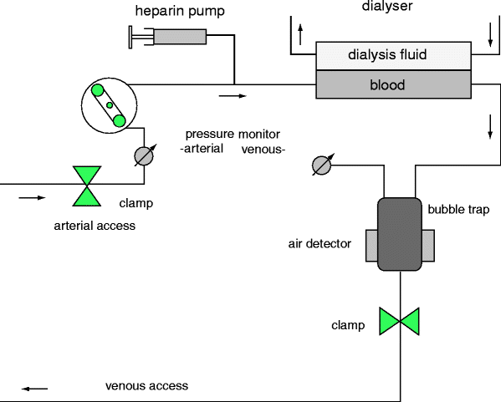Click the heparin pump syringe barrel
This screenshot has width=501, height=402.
point(180,37)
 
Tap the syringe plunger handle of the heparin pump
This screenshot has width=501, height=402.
point(130,37)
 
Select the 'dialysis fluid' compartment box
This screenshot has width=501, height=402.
point(393,56)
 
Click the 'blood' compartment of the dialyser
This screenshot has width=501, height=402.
point(393,84)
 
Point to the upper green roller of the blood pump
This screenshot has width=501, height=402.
point(98,90)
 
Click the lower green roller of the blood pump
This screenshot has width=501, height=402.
point(119,120)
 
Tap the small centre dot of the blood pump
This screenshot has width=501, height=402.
point(110,105)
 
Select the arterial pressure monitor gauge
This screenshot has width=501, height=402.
point(144,156)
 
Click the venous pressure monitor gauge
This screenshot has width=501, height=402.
point(322,165)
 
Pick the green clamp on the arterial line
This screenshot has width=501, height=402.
point(87,186)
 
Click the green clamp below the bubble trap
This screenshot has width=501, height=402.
point(400,322)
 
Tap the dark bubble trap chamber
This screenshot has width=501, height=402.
point(400,234)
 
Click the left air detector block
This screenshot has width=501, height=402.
point(372,246)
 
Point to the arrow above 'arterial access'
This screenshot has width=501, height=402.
point(32,198)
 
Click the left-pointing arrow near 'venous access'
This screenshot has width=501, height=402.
point(34,389)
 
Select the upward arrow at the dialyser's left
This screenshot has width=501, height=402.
point(300,35)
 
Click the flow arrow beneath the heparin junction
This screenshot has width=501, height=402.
point(233,96)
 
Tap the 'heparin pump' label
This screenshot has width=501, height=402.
point(180,11)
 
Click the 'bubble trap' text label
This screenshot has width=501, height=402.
point(458,210)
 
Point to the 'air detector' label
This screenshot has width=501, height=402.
point(320,244)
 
